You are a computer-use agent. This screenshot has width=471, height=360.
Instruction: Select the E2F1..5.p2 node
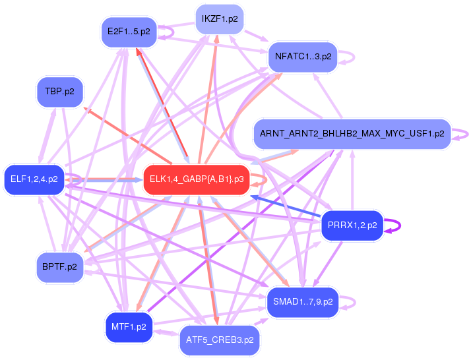(x=128, y=31)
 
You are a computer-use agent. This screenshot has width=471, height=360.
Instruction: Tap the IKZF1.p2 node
(x=220, y=19)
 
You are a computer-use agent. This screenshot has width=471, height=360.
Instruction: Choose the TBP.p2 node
(x=59, y=92)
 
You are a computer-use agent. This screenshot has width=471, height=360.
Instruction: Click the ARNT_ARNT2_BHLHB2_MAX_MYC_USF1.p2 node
(x=352, y=134)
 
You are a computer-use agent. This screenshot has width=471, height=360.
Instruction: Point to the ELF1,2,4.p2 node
(x=34, y=179)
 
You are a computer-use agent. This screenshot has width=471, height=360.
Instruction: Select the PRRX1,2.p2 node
(x=352, y=225)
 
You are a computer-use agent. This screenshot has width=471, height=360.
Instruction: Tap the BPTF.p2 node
(x=59, y=267)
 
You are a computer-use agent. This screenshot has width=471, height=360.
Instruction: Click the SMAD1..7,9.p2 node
(x=303, y=302)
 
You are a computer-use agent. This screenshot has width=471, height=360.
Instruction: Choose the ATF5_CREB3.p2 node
(x=220, y=340)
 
